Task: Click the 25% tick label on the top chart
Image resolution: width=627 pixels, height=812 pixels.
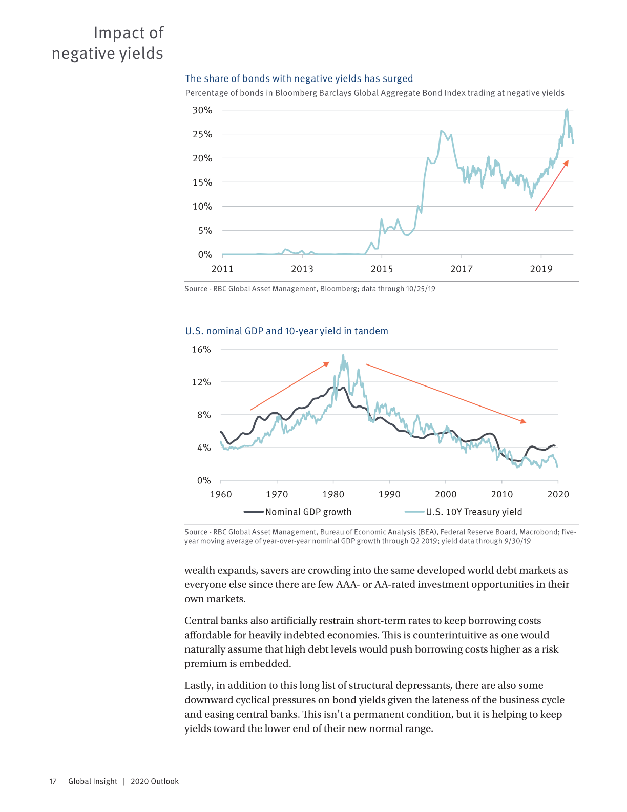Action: [x=202, y=134]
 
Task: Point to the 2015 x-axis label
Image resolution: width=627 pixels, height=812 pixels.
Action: [x=382, y=269]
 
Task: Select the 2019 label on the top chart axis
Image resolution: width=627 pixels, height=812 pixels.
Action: [x=541, y=269]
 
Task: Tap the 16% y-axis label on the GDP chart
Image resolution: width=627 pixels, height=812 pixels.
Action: [x=201, y=350]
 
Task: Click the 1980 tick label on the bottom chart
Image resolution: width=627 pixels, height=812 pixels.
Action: [x=333, y=494]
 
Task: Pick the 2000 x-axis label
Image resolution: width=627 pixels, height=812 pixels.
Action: [x=446, y=494]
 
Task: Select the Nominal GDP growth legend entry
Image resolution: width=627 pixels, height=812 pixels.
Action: [x=298, y=512]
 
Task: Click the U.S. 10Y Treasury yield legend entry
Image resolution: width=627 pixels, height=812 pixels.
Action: [x=463, y=512]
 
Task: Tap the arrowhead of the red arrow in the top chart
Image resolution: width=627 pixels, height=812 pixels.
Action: [x=566, y=163]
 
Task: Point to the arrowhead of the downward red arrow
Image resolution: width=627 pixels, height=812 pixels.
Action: [x=524, y=421]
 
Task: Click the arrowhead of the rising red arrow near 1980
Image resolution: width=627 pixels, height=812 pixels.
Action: [x=327, y=363]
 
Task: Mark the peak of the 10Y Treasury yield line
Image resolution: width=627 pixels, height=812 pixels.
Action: [x=343, y=355]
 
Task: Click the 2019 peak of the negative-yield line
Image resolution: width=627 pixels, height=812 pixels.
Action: [x=567, y=110]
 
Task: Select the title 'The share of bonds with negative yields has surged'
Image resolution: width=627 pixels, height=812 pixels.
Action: [x=299, y=78]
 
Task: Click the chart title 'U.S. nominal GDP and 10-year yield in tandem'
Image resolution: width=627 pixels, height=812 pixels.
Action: [x=287, y=331]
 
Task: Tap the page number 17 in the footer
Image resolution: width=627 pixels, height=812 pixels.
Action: [x=53, y=781]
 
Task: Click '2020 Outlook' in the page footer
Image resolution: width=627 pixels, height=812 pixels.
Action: [x=155, y=781]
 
